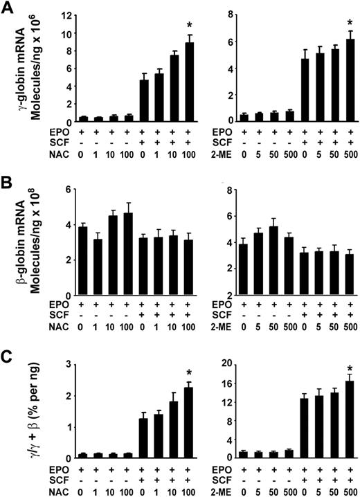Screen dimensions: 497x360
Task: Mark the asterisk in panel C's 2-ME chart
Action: (350, 368)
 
